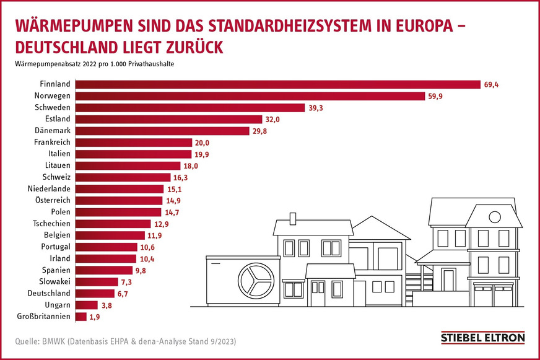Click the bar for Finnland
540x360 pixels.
[x=277, y=84]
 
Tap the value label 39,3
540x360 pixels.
[x=316, y=108]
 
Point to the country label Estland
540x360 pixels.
[x=58, y=119]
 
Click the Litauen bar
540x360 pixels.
[x=128, y=165]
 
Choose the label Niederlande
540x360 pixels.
[x=50, y=188]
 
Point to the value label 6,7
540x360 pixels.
[x=124, y=293]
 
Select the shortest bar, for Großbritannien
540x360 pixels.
[x=81, y=317]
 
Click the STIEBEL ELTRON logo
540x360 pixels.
[x=482, y=338]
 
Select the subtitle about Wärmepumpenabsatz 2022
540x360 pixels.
[x=95, y=64]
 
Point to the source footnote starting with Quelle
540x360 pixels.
[x=126, y=341]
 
